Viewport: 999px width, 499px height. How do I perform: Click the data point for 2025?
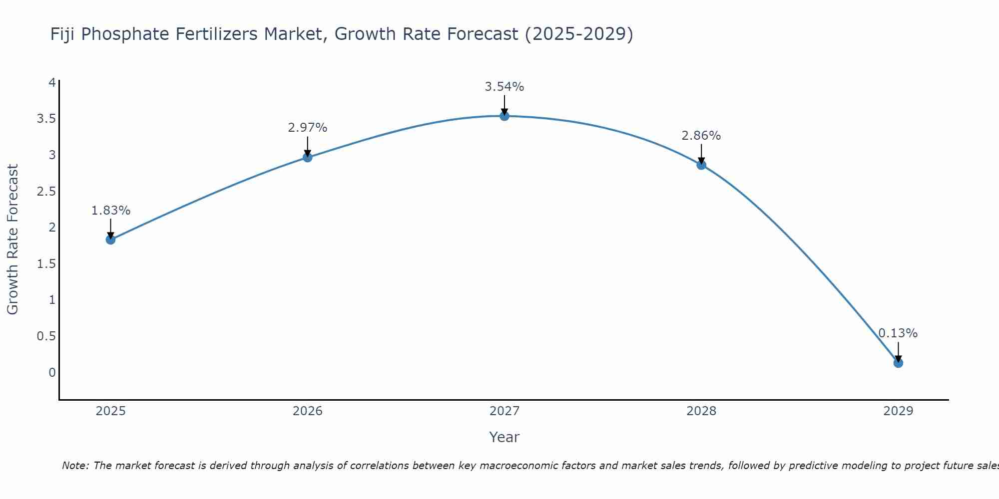(x=111, y=240)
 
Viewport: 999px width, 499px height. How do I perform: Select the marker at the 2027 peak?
(x=504, y=116)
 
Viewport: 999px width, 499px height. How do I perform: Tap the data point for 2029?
(x=898, y=363)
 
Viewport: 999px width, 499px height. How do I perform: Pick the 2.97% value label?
(x=308, y=128)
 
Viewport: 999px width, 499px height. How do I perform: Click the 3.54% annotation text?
(x=504, y=87)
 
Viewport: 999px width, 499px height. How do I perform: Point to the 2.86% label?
(x=701, y=136)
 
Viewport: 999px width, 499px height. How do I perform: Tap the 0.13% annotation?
(x=898, y=333)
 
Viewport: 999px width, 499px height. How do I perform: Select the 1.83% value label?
(x=111, y=211)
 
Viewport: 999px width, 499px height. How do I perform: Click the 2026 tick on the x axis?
(x=308, y=411)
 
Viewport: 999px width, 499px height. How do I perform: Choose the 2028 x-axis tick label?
(x=701, y=411)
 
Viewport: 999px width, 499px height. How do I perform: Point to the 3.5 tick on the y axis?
(x=46, y=119)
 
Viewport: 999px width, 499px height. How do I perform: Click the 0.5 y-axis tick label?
(x=46, y=336)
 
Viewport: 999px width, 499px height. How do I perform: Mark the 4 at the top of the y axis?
(x=52, y=83)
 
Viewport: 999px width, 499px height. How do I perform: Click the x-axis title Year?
(x=504, y=437)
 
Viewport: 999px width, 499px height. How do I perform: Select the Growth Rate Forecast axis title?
(x=13, y=240)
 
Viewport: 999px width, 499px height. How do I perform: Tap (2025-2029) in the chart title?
(x=579, y=34)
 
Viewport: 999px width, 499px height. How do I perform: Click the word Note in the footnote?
(x=75, y=466)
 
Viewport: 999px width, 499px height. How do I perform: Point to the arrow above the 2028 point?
(x=701, y=154)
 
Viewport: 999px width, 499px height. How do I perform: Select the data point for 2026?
(x=308, y=157)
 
